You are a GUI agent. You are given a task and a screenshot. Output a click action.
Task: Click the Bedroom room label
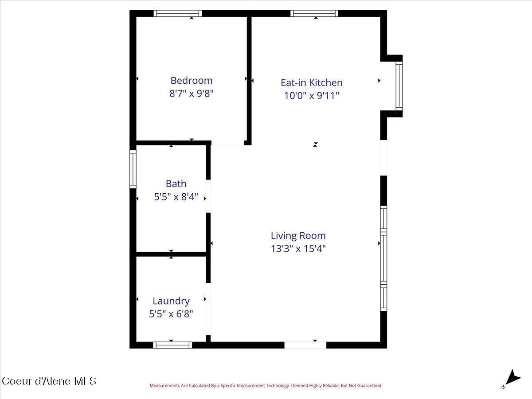click(x=192, y=80)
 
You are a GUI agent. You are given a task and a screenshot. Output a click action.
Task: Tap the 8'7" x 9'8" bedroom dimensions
click(x=192, y=94)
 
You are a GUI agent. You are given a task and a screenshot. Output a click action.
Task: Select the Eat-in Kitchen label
click(x=311, y=82)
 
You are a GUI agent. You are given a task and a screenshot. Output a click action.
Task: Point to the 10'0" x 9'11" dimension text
click(x=311, y=95)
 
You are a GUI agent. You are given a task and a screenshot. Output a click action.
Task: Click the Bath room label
click(x=176, y=184)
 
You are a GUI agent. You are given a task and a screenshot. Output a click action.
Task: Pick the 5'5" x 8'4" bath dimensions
click(x=176, y=196)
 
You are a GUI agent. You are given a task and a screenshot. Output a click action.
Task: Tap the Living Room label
click(x=298, y=235)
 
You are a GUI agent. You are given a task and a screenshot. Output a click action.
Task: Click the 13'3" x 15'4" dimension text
click(x=298, y=248)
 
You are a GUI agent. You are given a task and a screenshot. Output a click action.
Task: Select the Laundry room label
click(x=171, y=301)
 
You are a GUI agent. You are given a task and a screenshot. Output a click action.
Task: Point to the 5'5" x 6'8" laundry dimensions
click(x=171, y=314)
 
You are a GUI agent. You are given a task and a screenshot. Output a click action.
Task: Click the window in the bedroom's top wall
click(x=178, y=14)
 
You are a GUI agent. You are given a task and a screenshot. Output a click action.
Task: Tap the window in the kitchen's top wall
click(x=314, y=14)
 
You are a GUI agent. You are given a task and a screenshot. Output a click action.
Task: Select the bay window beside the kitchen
click(x=399, y=86)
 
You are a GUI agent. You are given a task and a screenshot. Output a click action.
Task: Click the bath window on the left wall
click(x=133, y=169)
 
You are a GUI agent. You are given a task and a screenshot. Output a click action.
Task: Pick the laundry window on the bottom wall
click(x=172, y=345)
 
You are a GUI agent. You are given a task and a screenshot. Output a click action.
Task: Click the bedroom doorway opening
click(x=227, y=144)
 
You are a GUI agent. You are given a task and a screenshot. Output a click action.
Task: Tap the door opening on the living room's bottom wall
click(x=305, y=345)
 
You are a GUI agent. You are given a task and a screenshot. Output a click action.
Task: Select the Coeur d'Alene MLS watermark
click(x=49, y=381)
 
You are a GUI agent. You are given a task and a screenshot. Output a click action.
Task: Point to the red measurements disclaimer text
click(x=266, y=386)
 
